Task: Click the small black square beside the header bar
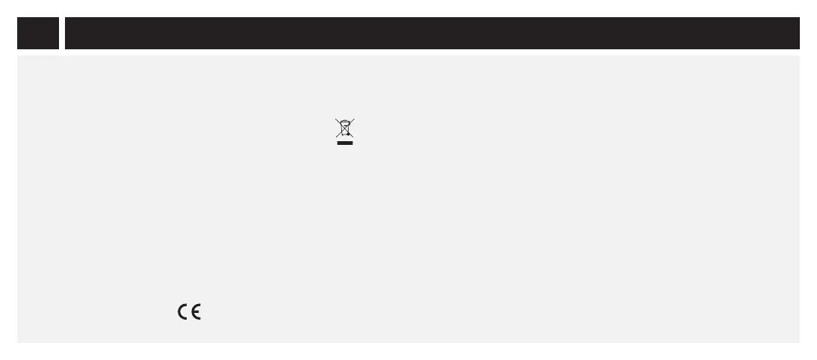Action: [38, 33]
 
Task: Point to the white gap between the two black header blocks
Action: [62, 33]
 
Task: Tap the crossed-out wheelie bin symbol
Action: [344, 128]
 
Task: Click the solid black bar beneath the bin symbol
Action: [344, 143]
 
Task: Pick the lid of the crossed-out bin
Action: [344, 122]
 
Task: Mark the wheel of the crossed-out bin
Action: [348, 135]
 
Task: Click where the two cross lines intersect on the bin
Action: [344, 128]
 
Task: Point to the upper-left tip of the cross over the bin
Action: [335, 119]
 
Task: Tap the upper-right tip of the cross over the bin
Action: [354, 119]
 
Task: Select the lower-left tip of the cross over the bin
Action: [336, 137]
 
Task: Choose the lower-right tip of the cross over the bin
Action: [353, 137]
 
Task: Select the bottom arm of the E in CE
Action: [199, 319]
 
